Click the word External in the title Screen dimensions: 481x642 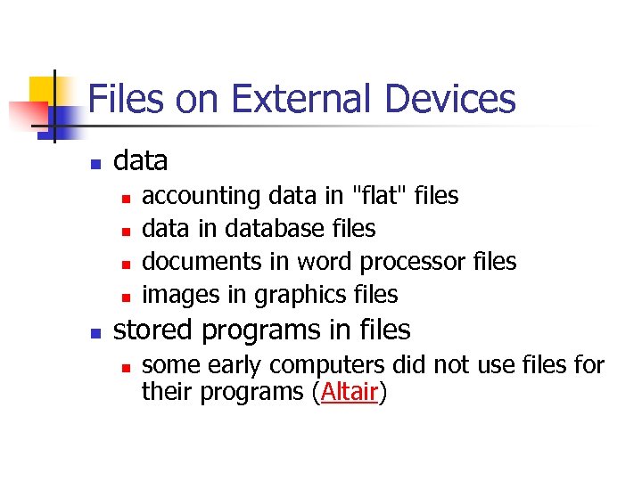[x=287, y=99]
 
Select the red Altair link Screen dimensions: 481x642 [x=349, y=393]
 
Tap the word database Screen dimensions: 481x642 [x=274, y=229]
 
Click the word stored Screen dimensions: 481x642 [x=153, y=330]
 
